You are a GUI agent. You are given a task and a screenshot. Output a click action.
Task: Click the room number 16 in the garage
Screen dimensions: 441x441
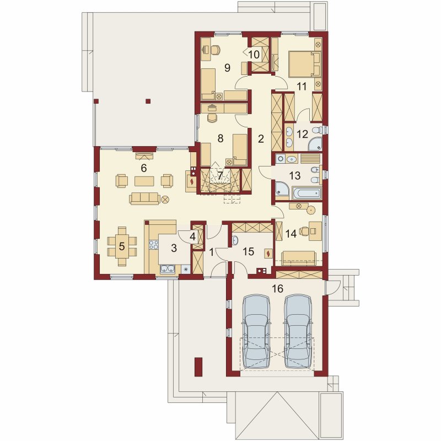point(278,288)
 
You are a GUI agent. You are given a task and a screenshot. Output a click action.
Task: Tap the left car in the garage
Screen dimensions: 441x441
point(256,331)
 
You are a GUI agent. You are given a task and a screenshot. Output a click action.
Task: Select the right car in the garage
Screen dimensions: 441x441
point(298,331)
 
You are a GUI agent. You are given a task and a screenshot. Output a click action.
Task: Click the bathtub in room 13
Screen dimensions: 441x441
point(306,193)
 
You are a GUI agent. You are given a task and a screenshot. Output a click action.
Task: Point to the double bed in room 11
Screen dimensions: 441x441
point(304,64)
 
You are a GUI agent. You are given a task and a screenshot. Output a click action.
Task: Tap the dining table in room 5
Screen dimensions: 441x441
point(122,246)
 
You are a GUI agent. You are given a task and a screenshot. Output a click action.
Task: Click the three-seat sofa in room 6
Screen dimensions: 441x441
point(144,198)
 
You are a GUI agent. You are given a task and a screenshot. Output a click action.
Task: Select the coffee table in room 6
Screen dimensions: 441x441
point(144,181)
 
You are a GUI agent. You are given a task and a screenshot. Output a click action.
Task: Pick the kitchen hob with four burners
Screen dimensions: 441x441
point(154,245)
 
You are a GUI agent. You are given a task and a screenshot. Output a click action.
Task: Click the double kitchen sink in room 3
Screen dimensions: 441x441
point(168,269)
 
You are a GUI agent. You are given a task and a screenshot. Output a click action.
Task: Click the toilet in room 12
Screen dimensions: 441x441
point(318,130)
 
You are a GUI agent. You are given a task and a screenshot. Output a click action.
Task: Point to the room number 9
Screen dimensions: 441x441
point(227,67)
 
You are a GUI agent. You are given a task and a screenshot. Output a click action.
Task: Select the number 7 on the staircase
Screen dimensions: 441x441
point(220,175)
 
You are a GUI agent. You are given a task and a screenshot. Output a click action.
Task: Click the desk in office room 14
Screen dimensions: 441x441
point(315,231)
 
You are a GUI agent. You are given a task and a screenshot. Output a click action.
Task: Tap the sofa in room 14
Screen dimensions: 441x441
point(299,258)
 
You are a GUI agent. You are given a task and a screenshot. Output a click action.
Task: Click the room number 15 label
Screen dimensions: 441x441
point(249,251)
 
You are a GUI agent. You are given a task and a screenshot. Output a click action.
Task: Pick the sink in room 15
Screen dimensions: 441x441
point(235,240)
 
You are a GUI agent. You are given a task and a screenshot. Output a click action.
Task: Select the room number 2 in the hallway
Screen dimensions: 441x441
point(261,139)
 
